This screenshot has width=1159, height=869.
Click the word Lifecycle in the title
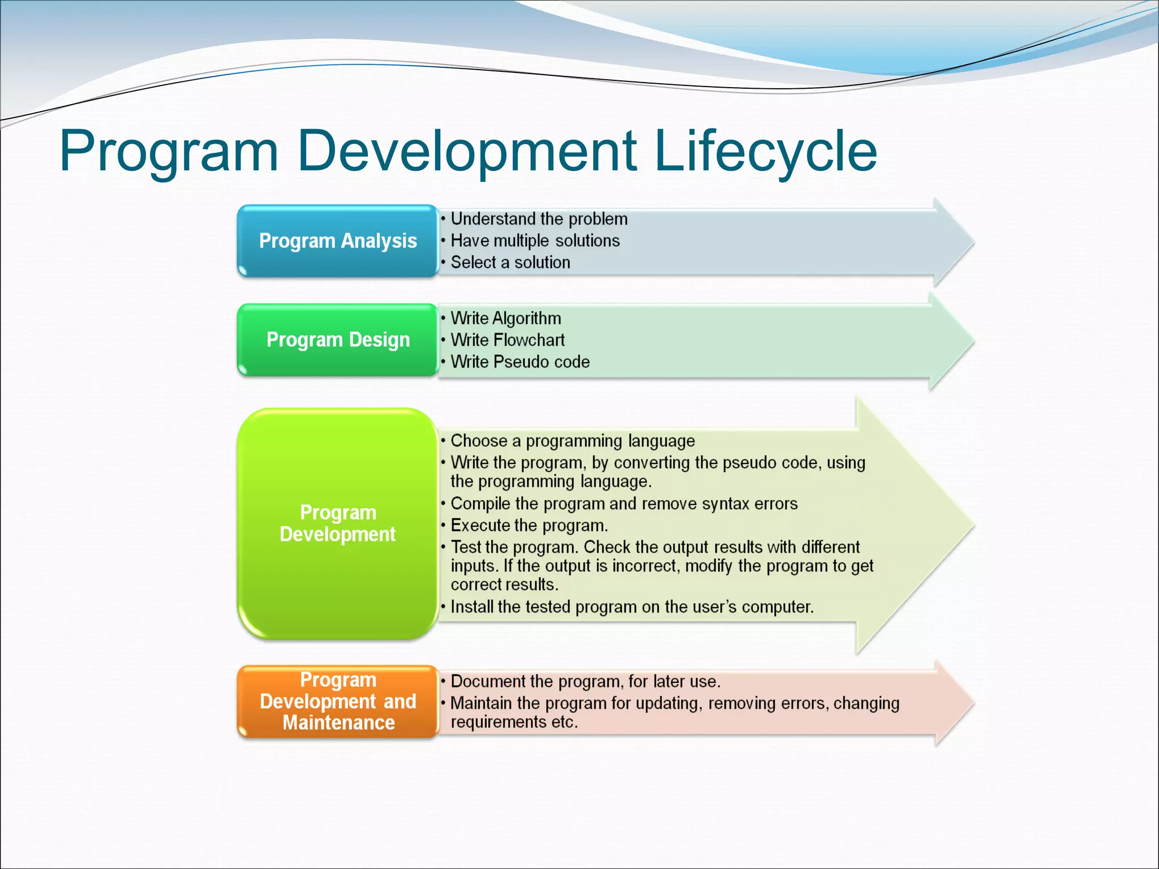point(765,152)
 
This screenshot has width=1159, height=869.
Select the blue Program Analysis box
point(338,241)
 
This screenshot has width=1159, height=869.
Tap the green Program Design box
point(338,340)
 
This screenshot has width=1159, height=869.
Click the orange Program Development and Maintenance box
point(338,702)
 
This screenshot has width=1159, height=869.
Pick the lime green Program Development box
point(338,523)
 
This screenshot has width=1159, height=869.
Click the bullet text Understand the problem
point(539,219)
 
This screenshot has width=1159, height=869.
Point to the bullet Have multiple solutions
point(535,241)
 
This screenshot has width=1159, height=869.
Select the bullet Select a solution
point(510,263)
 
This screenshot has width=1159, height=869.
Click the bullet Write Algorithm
point(505,319)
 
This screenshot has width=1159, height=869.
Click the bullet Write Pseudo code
point(520,362)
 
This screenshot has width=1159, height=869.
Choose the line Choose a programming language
point(572,441)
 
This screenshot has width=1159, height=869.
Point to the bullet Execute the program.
point(529,526)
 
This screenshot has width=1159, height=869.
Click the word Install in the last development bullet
point(472,606)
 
